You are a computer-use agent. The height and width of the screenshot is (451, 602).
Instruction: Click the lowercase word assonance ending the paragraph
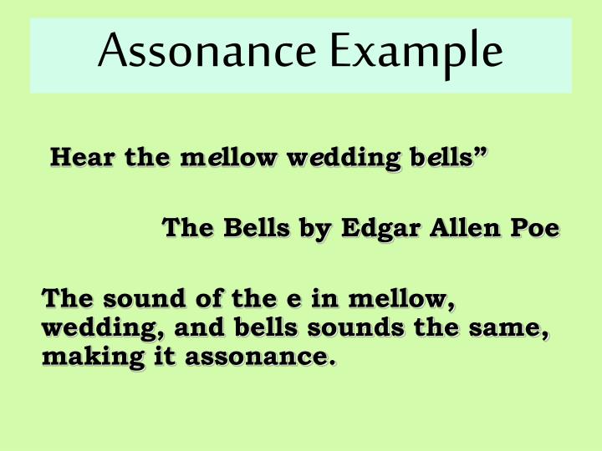pyautogui.click(x=258, y=359)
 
